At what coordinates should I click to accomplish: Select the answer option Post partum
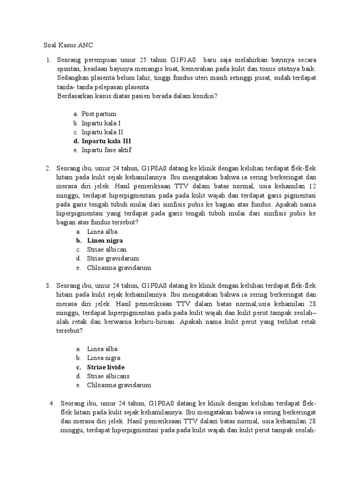pyautogui.click(x=98, y=114)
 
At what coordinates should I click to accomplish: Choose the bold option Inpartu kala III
pyautogui.click(x=106, y=141)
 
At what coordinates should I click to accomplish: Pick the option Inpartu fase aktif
pyautogui.click(x=106, y=150)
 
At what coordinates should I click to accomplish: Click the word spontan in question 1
pyautogui.click(x=67, y=69)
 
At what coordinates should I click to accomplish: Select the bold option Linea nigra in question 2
pyautogui.click(x=105, y=240)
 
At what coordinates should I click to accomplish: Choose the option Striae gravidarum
pyautogui.click(x=112, y=258)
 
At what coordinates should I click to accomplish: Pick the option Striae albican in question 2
pyautogui.click(x=106, y=249)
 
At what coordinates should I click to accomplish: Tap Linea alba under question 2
pyautogui.click(x=102, y=232)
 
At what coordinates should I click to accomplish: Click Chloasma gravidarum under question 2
pyautogui.click(x=119, y=268)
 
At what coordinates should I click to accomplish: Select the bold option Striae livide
pyautogui.click(x=106, y=367)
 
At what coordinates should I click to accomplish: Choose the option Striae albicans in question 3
pyautogui.click(x=108, y=376)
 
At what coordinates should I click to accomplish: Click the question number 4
pyautogui.click(x=52, y=403)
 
